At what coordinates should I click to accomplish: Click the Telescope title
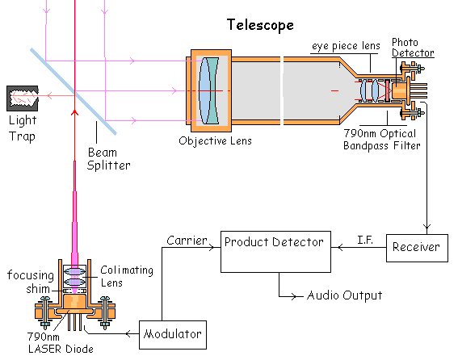pyautogui.click(x=260, y=25)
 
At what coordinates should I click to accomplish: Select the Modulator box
pyautogui.click(x=173, y=335)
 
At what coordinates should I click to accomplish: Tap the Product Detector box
pyautogui.click(x=275, y=252)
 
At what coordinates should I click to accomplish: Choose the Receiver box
pyautogui.click(x=417, y=248)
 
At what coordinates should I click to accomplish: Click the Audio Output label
pyautogui.click(x=344, y=295)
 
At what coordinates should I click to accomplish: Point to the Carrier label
pyautogui.click(x=187, y=241)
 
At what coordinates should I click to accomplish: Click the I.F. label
pyautogui.click(x=365, y=240)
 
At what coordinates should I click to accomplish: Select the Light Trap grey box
pyautogui.click(x=23, y=98)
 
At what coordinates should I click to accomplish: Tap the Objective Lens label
pyautogui.click(x=216, y=140)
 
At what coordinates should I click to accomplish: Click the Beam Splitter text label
pyautogui.click(x=109, y=159)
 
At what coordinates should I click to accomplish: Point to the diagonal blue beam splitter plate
pyautogui.click(x=74, y=91)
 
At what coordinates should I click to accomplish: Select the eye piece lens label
pyautogui.click(x=346, y=46)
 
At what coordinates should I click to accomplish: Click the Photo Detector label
pyautogui.click(x=413, y=48)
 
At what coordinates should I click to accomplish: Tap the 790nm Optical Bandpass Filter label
pyautogui.click(x=382, y=140)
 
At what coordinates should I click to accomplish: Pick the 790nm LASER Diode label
pyautogui.click(x=61, y=343)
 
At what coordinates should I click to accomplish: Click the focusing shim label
pyautogui.click(x=31, y=282)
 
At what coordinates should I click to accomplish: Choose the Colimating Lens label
pyautogui.click(x=127, y=276)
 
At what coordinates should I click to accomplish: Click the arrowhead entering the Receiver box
pyautogui.click(x=426, y=227)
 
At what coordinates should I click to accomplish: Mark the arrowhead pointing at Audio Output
pyautogui.click(x=292, y=296)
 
